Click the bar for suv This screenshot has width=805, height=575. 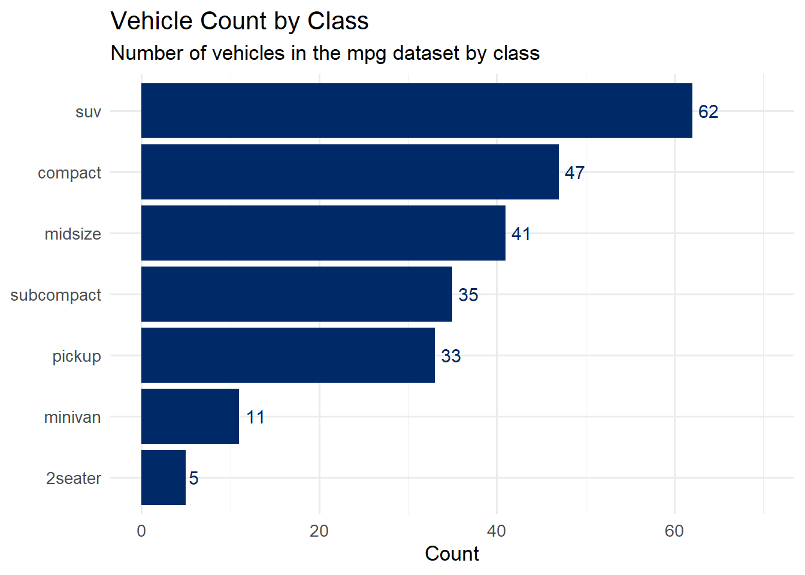pyautogui.click(x=416, y=111)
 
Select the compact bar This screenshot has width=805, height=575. pyautogui.click(x=350, y=172)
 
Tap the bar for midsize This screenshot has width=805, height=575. pyautogui.click(x=323, y=233)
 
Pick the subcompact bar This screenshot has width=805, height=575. pyautogui.click(x=296, y=294)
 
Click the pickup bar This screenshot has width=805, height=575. pyautogui.click(x=288, y=355)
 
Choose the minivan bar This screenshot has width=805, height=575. pyautogui.click(x=190, y=416)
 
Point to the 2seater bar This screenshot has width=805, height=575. pyautogui.click(x=164, y=477)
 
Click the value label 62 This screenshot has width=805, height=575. pyautogui.click(x=708, y=112)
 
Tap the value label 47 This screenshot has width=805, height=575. pyautogui.click(x=574, y=173)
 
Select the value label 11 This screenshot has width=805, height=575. pyautogui.click(x=255, y=417)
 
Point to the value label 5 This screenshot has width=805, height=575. pyautogui.click(x=193, y=479)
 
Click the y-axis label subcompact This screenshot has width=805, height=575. pyautogui.click(x=56, y=295)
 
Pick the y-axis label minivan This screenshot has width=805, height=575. pyautogui.click(x=72, y=417)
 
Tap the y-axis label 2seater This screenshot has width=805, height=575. pyautogui.click(x=74, y=479)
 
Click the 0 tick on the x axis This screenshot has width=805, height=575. pyautogui.click(x=141, y=531)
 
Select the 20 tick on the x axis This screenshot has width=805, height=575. pyautogui.click(x=319, y=531)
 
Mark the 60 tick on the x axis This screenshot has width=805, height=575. pyautogui.click(x=674, y=531)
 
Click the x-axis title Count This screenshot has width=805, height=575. pyautogui.click(x=452, y=554)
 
